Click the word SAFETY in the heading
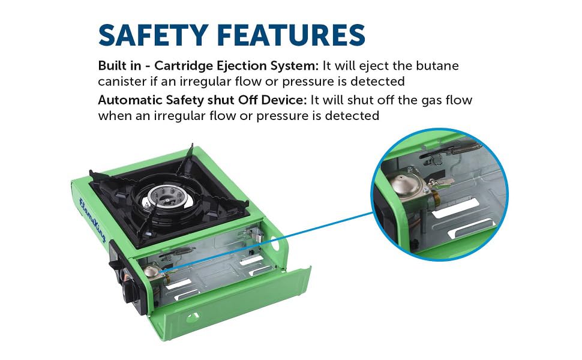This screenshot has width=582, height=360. point(153,35)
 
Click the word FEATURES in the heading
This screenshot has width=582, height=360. point(291,35)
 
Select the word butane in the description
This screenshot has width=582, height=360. point(437,65)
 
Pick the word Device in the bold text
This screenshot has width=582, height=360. point(284,100)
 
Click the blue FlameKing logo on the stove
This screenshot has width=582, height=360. point(92,220)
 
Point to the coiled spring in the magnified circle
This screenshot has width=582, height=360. point(463,148)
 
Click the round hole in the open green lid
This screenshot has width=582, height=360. point(193,317)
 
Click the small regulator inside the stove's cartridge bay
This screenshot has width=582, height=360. point(154,272)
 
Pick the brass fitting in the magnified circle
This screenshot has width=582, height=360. point(435,196)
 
